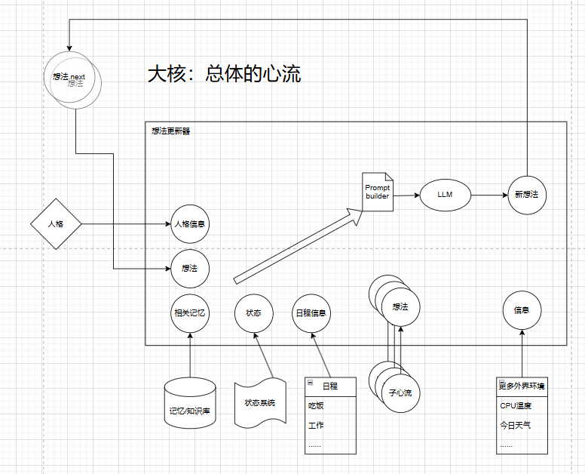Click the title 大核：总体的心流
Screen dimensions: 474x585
tap(224, 74)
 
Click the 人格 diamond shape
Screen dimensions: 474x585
tap(56, 224)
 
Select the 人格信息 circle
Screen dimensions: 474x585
tap(190, 223)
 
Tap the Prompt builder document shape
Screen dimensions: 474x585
tap(378, 192)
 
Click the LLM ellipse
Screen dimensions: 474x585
tap(445, 195)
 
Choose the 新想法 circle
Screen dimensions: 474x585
tap(526, 195)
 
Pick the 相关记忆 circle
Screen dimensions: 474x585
tap(190, 312)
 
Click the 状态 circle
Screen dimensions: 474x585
tap(253, 312)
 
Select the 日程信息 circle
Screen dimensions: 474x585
tap(311, 312)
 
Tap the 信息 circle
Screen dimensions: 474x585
tap(522, 310)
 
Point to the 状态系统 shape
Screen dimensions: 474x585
tap(260, 402)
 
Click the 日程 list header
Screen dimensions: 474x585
tap(330, 385)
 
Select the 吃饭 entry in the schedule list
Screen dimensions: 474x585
tap(316, 405)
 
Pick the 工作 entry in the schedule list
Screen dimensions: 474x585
tap(316, 425)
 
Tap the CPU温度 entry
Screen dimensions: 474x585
tap(516, 405)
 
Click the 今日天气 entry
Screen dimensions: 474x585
tap(516, 425)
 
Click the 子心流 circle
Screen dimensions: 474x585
tap(401, 393)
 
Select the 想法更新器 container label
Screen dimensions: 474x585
tap(171, 131)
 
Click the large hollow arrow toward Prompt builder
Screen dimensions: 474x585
tap(297, 245)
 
